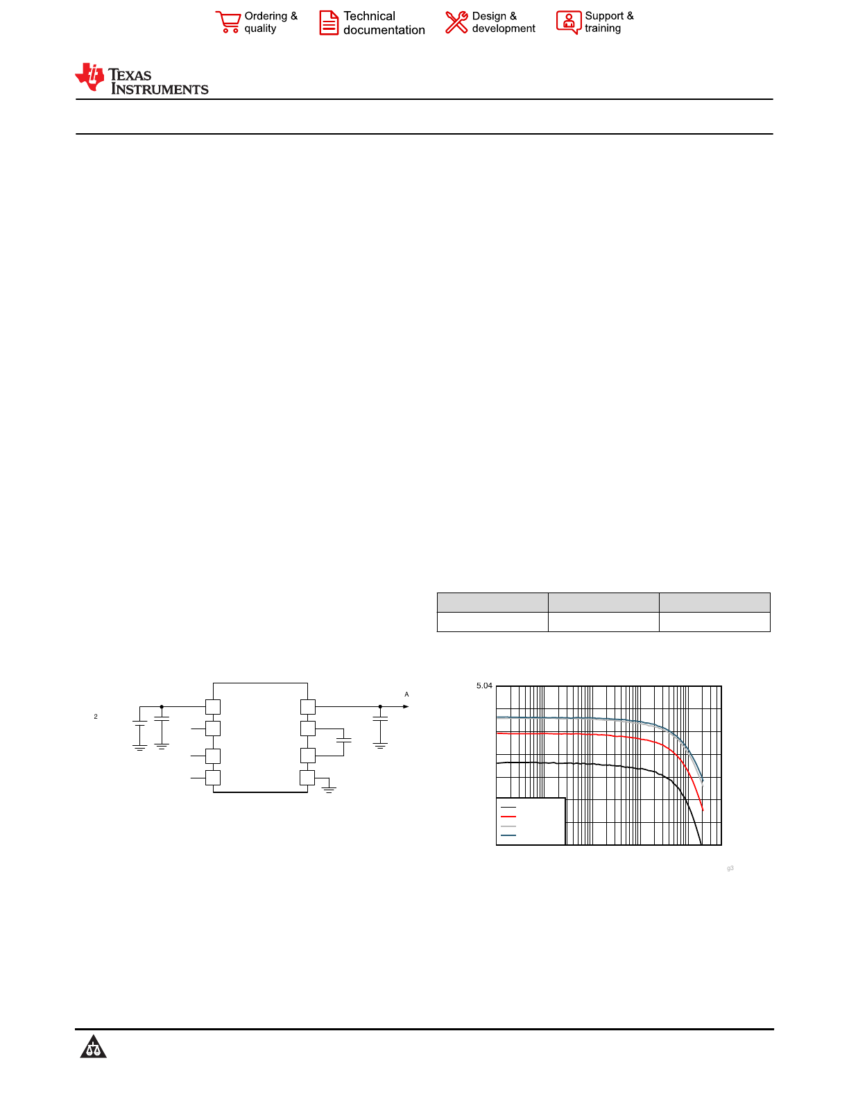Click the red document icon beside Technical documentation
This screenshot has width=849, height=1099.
(x=329, y=23)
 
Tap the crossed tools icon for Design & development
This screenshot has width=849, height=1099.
(x=456, y=22)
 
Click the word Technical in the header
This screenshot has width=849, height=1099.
(x=369, y=16)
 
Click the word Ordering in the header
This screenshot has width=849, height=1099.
(x=266, y=17)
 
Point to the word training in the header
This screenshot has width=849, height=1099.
(x=603, y=29)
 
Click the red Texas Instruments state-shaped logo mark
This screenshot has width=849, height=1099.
(x=89, y=77)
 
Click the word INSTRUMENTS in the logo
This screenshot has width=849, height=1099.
(x=160, y=89)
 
